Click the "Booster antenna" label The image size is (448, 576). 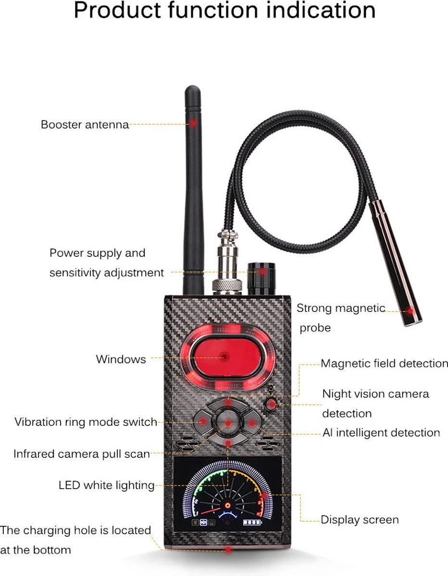(85, 125)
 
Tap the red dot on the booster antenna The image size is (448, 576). (193, 123)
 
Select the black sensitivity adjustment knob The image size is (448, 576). (261, 278)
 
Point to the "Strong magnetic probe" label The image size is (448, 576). (341, 318)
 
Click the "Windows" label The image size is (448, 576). (121, 359)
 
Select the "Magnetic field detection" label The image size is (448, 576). (384, 363)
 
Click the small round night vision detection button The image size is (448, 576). (271, 405)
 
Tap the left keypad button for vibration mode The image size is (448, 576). (203, 421)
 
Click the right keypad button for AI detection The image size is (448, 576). (252, 422)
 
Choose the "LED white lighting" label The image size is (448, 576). (107, 485)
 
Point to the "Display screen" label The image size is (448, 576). (360, 520)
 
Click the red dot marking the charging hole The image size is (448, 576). (228, 550)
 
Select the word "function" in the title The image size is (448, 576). (213, 10)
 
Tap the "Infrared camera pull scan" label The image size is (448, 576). (82, 454)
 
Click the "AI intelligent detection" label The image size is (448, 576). (381, 432)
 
